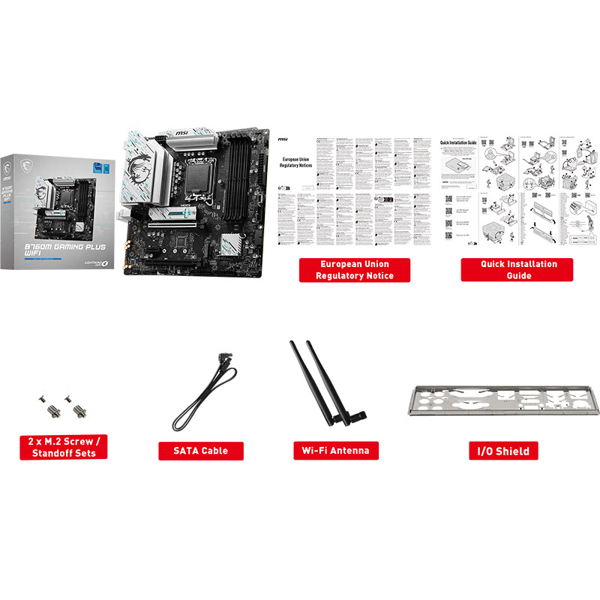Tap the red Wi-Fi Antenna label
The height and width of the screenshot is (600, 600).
point(335,451)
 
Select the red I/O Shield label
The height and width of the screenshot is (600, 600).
point(503,451)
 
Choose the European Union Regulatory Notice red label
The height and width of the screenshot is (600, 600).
point(355,270)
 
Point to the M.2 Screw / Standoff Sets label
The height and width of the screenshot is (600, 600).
point(64,448)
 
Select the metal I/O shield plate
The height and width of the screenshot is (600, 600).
point(501,409)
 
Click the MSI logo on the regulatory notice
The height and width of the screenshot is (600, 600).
point(283,139)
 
